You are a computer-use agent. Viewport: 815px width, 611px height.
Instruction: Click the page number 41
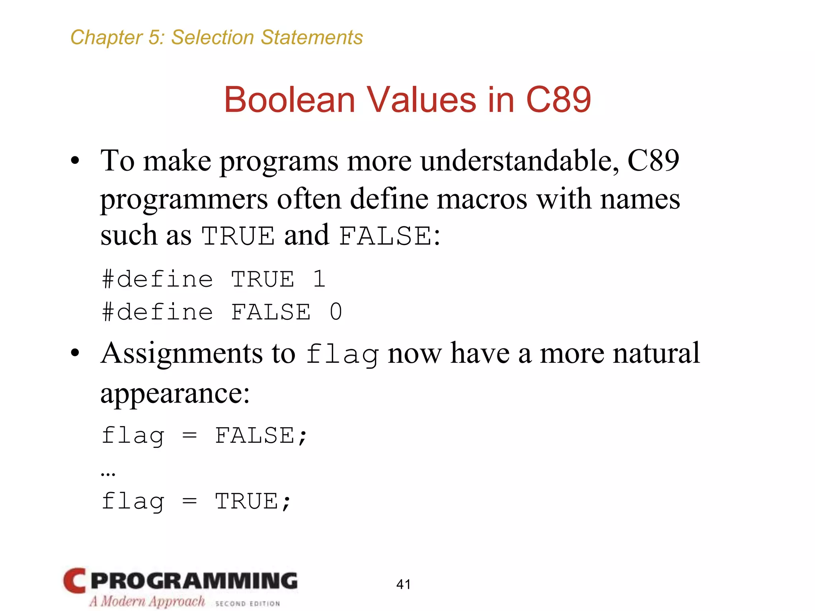(403, 584)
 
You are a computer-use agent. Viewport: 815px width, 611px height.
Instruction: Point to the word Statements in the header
(312, 37)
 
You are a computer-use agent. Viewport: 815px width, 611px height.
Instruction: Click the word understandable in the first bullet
(519, 161)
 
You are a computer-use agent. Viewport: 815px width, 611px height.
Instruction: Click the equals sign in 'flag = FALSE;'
(189, 436)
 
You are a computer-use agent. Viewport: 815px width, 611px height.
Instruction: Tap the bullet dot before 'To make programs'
(75, 161)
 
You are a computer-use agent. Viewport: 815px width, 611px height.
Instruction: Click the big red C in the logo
(74, 581)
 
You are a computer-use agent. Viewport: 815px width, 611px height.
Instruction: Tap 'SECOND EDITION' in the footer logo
(247, 603)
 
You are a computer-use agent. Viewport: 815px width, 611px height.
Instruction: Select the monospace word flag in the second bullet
(342, 354)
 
